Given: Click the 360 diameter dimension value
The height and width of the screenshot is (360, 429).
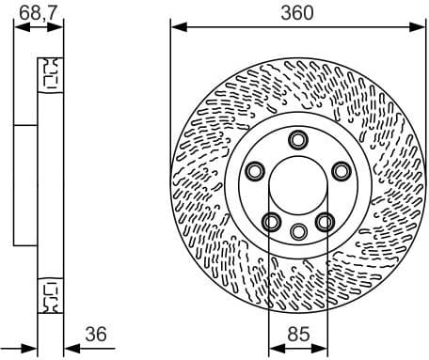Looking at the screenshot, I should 298,11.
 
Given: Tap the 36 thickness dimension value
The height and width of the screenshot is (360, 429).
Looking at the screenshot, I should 96,333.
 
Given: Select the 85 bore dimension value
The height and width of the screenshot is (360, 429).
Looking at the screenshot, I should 298,333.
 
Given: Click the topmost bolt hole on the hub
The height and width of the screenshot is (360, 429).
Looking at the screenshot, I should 298,140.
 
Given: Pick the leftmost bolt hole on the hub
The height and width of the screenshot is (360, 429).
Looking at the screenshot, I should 254,171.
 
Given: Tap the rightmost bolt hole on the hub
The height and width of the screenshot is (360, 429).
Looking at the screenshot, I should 341,170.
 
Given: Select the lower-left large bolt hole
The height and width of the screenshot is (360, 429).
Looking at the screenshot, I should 271,222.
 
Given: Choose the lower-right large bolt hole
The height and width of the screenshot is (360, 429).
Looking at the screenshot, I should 325,222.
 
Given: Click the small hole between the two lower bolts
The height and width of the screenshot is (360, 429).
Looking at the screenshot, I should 298,231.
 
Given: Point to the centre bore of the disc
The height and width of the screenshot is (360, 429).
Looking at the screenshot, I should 298,188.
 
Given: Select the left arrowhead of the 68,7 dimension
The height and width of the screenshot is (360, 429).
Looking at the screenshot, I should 20,26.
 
